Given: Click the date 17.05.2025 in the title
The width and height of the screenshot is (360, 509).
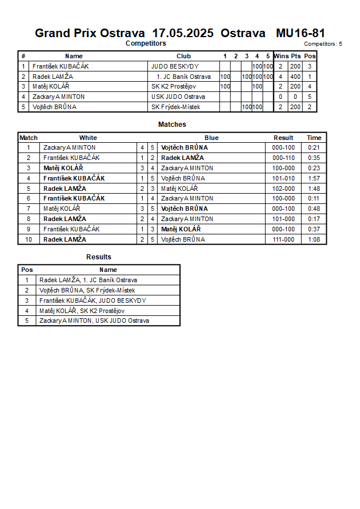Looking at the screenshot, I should click(183, 33).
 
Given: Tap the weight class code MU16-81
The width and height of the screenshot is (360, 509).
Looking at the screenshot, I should click(301, 33).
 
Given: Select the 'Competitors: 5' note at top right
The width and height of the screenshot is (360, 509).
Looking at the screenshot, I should click(323, 44).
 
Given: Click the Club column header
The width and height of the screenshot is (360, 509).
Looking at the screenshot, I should click(183, 56).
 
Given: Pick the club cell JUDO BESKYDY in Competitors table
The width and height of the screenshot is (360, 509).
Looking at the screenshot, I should click(175, 66).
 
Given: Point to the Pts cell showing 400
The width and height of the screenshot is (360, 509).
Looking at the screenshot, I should click(295, 77).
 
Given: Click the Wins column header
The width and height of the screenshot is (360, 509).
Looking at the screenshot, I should click(281, 56).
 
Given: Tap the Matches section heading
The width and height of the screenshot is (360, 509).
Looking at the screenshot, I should click(172, 125).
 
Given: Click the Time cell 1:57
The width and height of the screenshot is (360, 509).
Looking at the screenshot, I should click(314, 178).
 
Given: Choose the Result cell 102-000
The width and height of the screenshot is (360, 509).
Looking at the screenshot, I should click(283, 189).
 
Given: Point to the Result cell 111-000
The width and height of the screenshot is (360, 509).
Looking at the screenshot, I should click(283, 239).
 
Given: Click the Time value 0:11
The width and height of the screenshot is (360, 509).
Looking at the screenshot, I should click(314, 199).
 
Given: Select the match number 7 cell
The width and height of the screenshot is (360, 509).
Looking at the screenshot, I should click(28, 209).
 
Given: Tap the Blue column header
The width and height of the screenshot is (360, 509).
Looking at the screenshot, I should click(211, 138).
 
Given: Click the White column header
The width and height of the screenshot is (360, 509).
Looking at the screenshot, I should click(88, 138).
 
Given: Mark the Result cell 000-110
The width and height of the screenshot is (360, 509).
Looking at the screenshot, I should click(283, 158).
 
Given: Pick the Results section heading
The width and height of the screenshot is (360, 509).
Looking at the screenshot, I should click(99, 257).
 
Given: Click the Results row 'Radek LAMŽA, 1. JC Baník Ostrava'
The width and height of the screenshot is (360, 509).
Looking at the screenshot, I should click(88, 280).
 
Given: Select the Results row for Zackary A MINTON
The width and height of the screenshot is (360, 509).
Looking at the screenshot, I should click(94, 321).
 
